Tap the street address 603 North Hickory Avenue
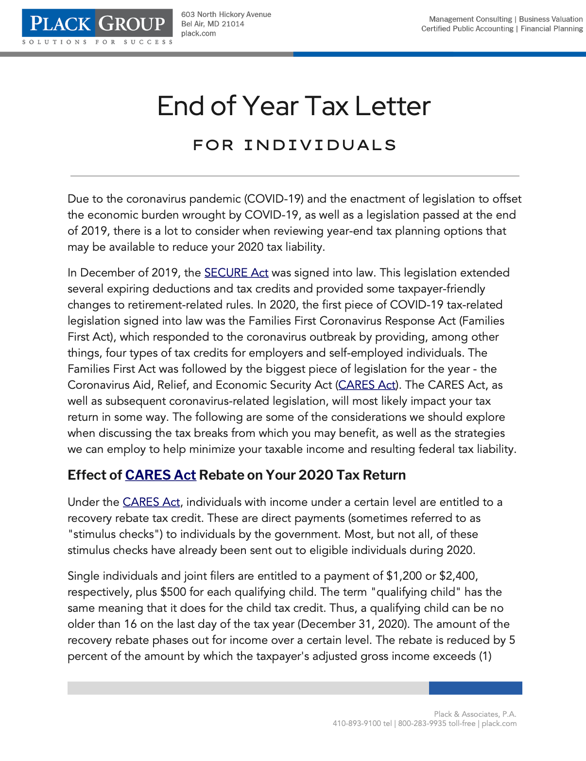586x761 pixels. pos(226,15)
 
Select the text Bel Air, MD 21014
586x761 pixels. pos(212,24)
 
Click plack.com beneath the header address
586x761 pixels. pos(198,34)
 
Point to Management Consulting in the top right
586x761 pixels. pos(470,19)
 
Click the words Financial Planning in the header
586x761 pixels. pos(552,29)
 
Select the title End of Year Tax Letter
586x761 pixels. pos(293,106)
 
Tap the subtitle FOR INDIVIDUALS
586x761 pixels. pos(294,145)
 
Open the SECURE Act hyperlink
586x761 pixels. pos(236,273)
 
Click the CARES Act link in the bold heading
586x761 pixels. pos(160,475)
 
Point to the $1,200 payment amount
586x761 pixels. pos(404,576)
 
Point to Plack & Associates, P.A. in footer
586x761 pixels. pos(475,714)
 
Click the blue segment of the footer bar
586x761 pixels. pos(475,688)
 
